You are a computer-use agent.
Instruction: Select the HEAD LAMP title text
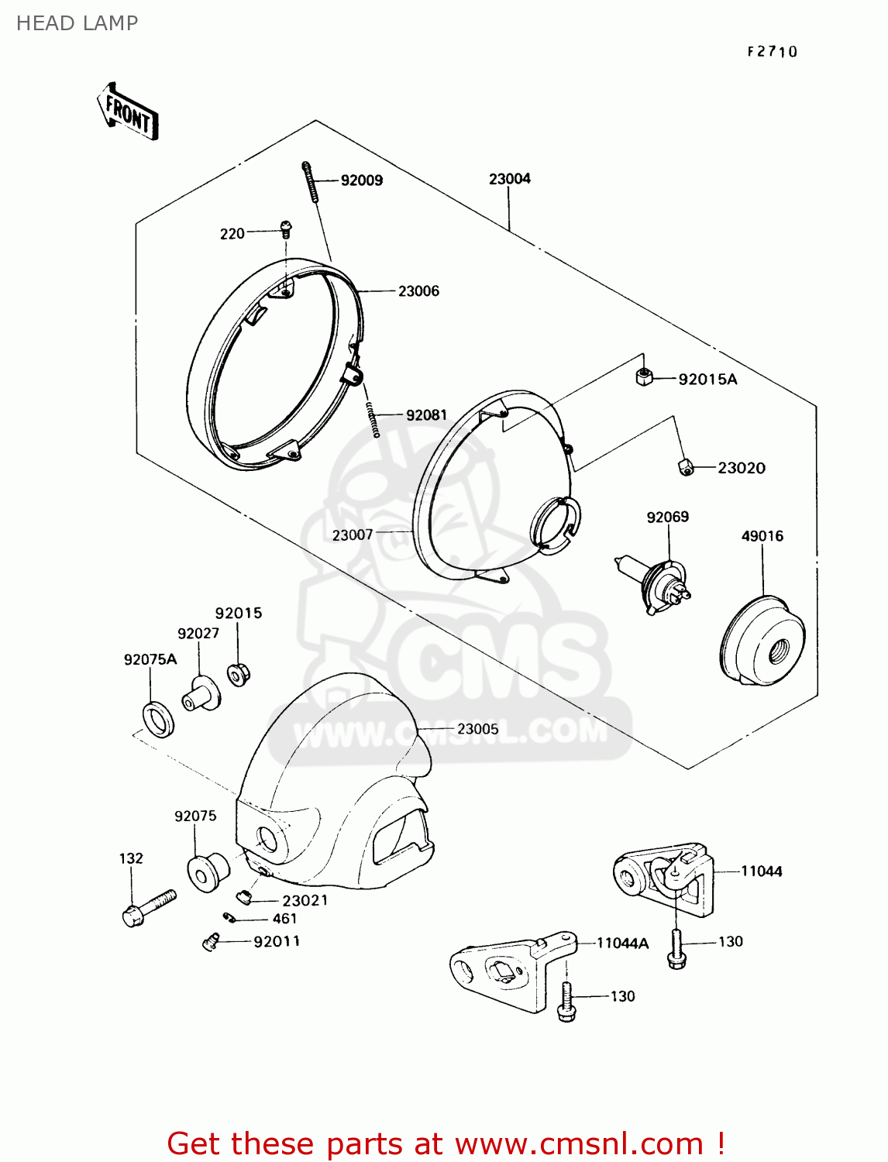(77, 23)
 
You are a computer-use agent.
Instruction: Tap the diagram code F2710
(772, 52)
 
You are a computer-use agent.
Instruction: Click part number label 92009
(361, 180)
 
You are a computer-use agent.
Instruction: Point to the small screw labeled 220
(286, 228)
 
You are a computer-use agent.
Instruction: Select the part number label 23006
(418, 291)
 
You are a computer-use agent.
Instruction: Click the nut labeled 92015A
(643, 377)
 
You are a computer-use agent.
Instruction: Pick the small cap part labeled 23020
(685, 467)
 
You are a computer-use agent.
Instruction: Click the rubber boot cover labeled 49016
(762, 642)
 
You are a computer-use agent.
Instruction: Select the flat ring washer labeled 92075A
(159, 718)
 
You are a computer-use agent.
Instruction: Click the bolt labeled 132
(148, 908)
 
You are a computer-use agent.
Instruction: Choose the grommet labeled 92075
(207, 872)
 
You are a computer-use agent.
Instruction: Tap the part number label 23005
(477, 729)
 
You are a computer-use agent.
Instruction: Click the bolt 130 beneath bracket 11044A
(566, 1002)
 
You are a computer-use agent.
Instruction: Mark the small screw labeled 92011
(210, 941)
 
